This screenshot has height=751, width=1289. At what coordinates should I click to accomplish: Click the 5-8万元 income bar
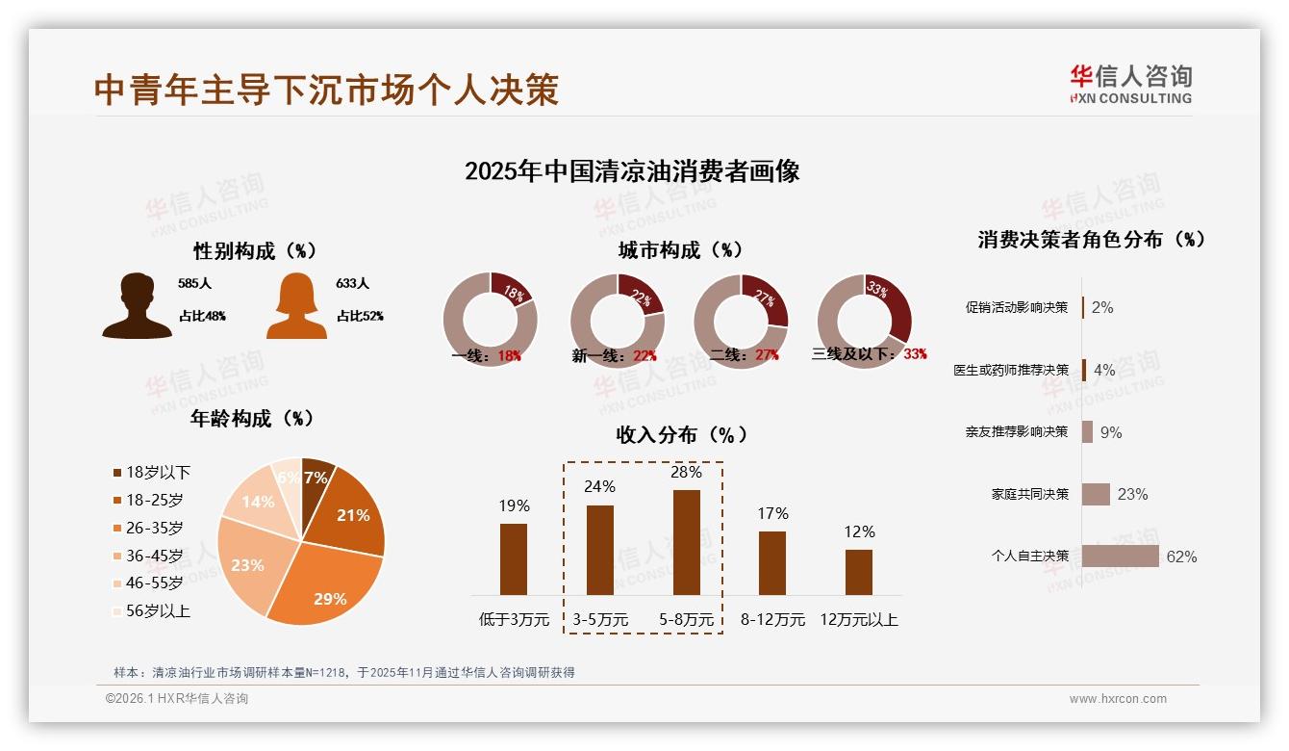[686, 542]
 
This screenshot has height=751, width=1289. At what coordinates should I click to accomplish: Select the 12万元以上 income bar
[858, 572]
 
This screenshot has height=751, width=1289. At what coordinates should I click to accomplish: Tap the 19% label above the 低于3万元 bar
[514, 505]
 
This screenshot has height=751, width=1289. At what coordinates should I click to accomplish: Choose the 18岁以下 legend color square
[117, 473]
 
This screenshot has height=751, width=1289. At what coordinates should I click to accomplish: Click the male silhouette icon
[137, 306]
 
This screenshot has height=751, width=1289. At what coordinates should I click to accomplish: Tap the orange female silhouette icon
[296, 306]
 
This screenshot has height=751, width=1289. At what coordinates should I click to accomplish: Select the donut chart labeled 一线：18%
[490, 320]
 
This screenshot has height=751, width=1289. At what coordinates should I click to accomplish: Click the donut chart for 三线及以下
[863, 320]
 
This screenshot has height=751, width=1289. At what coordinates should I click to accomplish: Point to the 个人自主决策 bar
[1120, 557]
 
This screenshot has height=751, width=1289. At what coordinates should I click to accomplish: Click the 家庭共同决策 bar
[1096, 494]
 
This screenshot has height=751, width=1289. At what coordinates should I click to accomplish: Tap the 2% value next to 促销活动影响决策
[1102, 307]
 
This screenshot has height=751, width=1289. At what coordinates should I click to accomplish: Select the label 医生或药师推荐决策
[1011, 370]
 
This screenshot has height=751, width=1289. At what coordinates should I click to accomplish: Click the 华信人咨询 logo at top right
[1130, 84]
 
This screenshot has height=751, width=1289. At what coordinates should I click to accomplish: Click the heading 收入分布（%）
[682, 434]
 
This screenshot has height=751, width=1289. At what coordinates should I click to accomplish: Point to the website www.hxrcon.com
[1118, 699]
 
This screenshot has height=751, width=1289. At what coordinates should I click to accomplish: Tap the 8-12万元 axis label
[772, 620]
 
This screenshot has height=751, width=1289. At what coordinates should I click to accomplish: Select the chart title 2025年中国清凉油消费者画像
[632, 172]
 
